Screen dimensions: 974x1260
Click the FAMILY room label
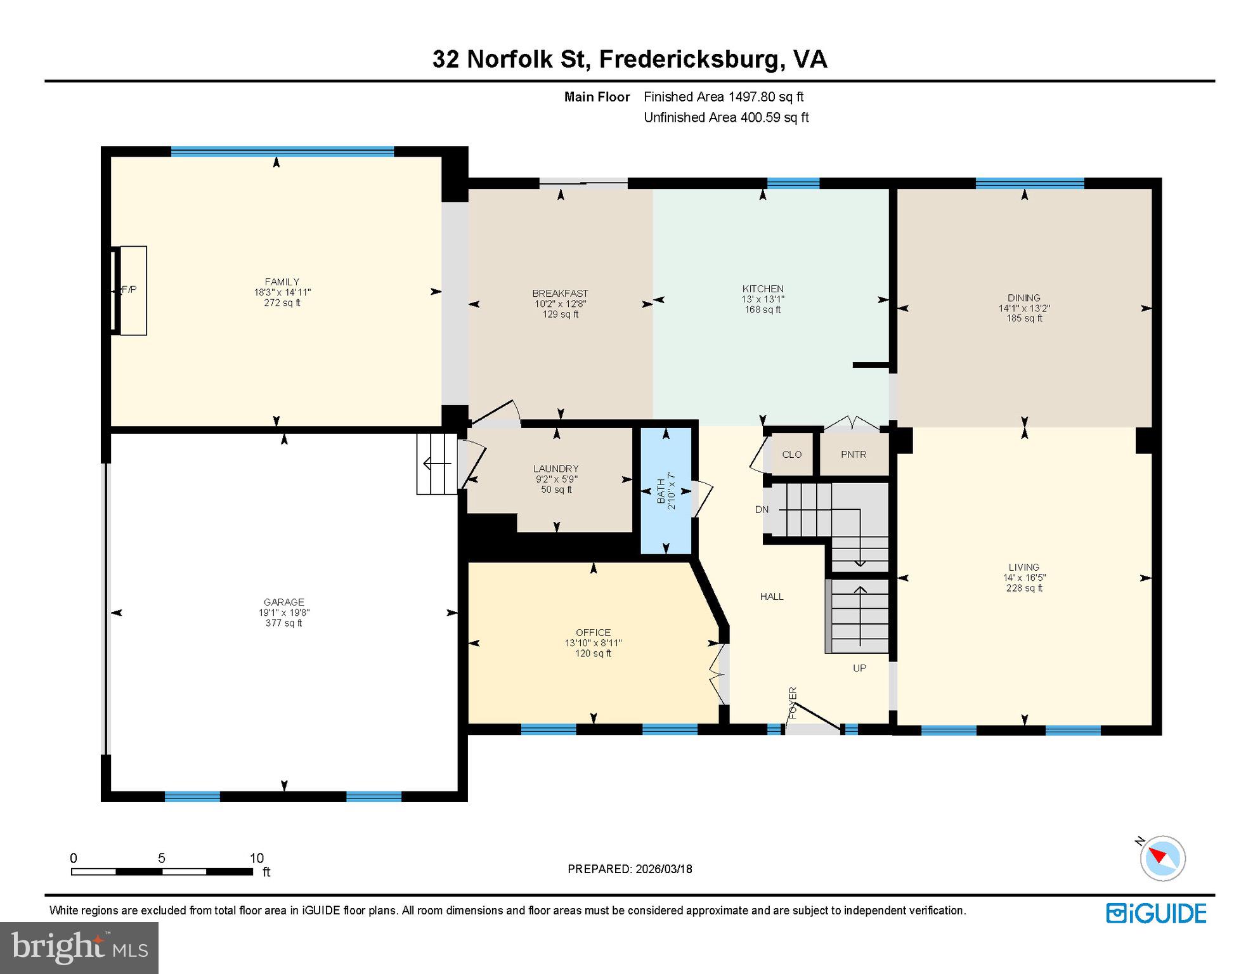pyautogui.click(x=282, y=282)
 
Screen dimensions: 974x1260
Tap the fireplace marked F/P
pyautogui.click(x=129, y=290)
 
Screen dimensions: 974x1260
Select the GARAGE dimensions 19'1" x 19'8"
pyautogui.click(x=284, y=613)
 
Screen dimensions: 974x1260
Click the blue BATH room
pyautogui.click(x=665, y=491)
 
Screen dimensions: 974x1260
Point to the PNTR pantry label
pyautogui.click(x=854, y=455)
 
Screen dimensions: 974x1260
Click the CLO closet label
pyautogui.click(x=791, y=455)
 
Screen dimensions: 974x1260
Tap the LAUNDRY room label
pyautogui.click(x=556, y=469)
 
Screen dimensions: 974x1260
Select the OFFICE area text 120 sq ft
pyautogui.click(x=594, y=653)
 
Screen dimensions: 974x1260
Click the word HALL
pyautogui.click(x=772, y=597)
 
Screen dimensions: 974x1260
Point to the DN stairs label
pyautogui.click(x=762, y=509)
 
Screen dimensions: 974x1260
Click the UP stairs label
pyautogui.click(x=859, y=668)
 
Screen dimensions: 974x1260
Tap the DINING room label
pyautogui.click(x=1023, y=297)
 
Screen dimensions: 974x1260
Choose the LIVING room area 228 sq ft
pyautogui.click(x=1024, y=588)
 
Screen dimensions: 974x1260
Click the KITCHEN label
pyautogui.click(x=763, y=289)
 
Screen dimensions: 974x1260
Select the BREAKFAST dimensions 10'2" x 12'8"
pyautogui.click(x=561, y=304)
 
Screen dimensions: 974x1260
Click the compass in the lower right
pyautogui.click(x=1162, y=858)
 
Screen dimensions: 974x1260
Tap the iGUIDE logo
pyautogui.click(x=1156, y=913)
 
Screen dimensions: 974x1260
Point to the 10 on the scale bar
pyautogui.click(x=256, y=858)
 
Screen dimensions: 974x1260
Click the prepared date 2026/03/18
pyautogui.click(x=663, y=869)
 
